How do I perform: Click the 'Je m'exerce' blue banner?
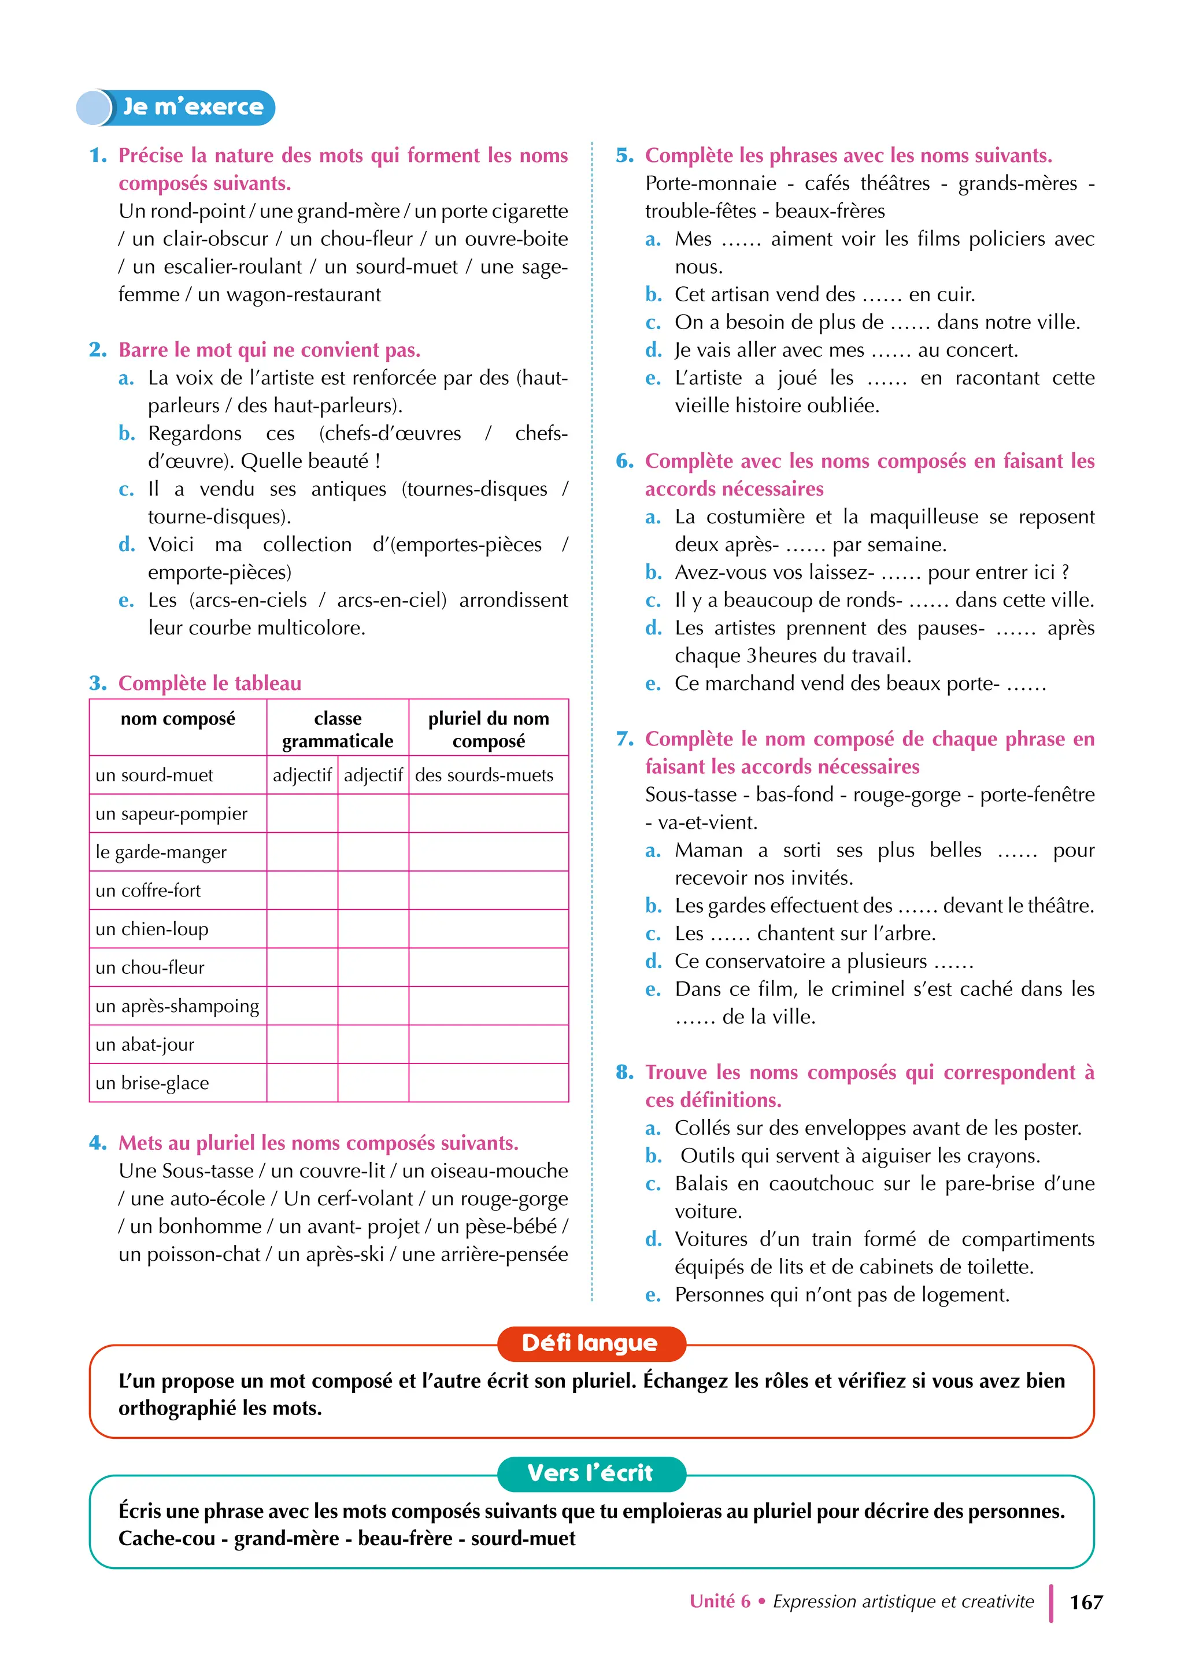click(176, 107)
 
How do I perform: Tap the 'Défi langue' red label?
click(590, 1343)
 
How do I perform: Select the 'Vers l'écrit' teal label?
click(590, 1473)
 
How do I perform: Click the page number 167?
click(1086, 1602)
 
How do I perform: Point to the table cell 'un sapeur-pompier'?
click(172, 814)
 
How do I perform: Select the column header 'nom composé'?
click(178, 719)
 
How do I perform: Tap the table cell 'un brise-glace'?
click(153, 1084)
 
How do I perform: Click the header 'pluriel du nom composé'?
click(489, 730)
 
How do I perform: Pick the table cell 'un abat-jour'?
click(145, 1045)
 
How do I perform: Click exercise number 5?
click(625, 156)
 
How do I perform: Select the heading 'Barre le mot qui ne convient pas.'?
click(270, 350)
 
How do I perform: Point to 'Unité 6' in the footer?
click(720, 1602)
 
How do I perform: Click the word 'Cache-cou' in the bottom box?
click(167, 1538)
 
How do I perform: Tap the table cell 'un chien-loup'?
click(153, 929)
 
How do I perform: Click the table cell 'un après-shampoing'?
click(177, 1006)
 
